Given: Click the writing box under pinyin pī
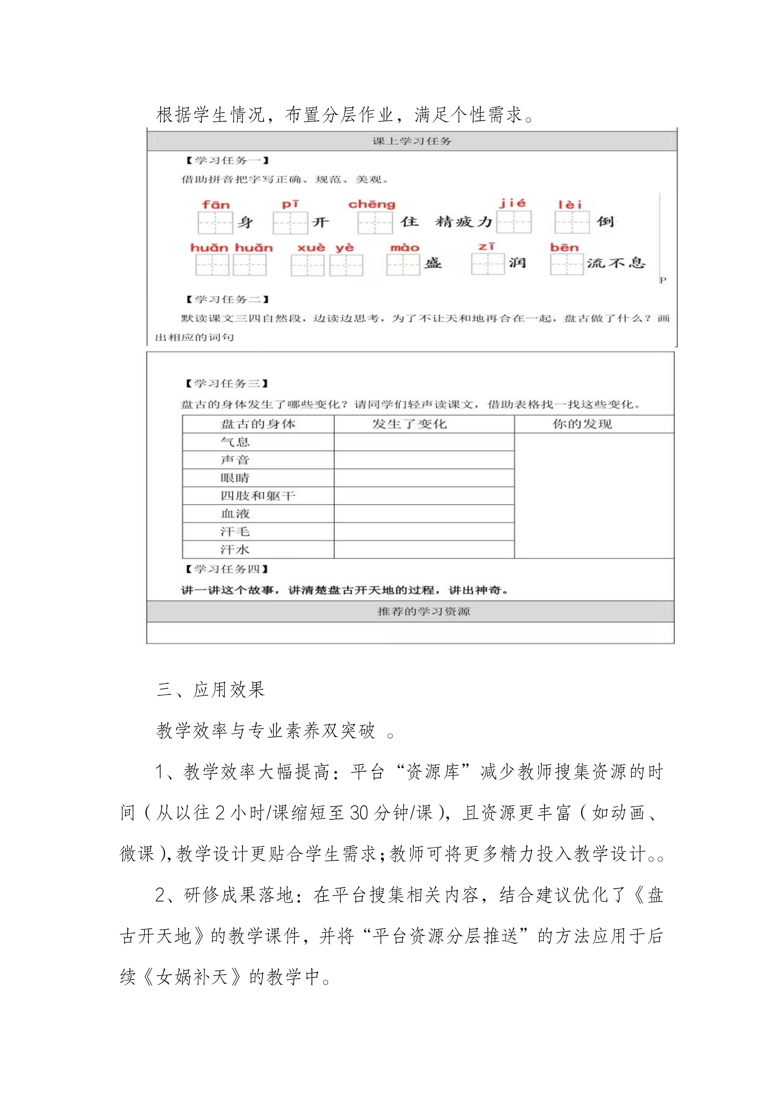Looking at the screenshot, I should pyautogui.click(x=290, y=223).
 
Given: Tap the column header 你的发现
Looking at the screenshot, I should pyautogui.click(x=582, y=424).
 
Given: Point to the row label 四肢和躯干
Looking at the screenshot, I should pyautogui.click(x=258, y=496).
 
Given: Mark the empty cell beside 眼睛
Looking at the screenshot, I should pyautogui.click(x=424, y=478).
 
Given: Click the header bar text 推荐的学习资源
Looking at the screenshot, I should pyautogui.click(x=424, y=611).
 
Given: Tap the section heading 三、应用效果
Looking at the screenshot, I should pyautogui.click(x=211, y=690).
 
